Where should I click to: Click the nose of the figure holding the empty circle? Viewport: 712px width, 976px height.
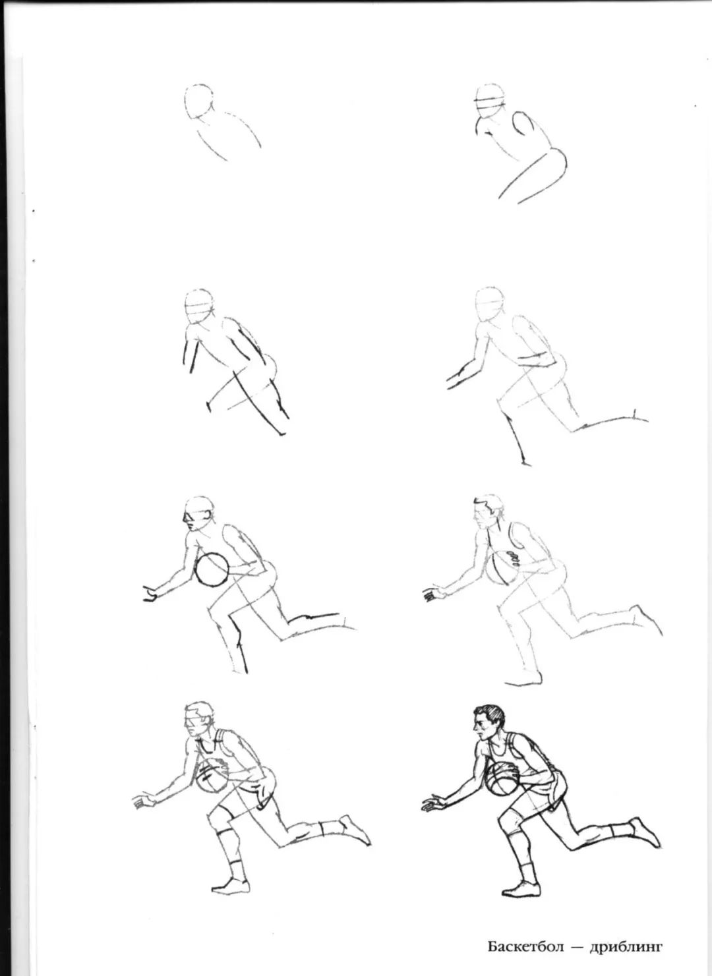tap(185, 519)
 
